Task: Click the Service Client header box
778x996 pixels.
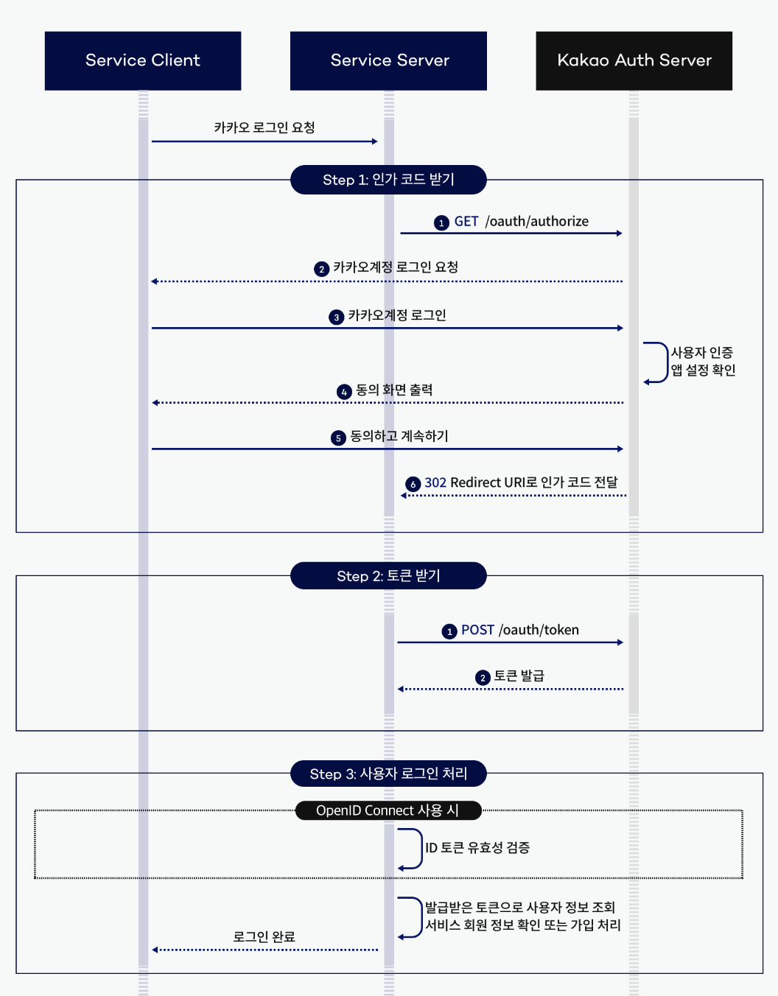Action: (x=143, y=60)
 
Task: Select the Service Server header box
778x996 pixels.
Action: (x=388, y=60)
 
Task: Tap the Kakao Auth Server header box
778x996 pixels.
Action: (x=634, y=60)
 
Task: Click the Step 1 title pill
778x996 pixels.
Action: (x=388, y=180)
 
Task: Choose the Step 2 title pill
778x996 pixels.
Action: (x=388, y=576)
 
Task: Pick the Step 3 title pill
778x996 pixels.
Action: (x=388, y=774)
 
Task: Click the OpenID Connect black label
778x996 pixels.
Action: (x=388, y=810)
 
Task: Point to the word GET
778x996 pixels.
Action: (x=466, y=222)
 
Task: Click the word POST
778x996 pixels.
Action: (x=477, y=631)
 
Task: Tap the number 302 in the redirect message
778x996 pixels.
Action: (x=435, y=483)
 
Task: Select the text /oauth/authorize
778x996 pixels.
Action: (x=537, y=222)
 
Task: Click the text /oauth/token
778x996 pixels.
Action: (x=539, y=631)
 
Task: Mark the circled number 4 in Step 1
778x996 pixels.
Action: (x=344, y=392)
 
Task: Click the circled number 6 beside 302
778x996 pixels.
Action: (x=413, y=484)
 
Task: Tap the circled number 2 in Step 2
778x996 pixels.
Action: (x=483, y=678)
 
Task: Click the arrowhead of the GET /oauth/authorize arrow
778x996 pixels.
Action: (x=620, y=234)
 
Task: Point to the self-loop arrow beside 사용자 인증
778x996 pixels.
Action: (x=656, y=362)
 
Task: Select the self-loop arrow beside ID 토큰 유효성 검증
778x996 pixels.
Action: (x=410, y=849)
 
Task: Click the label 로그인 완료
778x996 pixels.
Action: (x=264, y=937)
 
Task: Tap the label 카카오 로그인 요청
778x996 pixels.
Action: (x=264, y=128)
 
